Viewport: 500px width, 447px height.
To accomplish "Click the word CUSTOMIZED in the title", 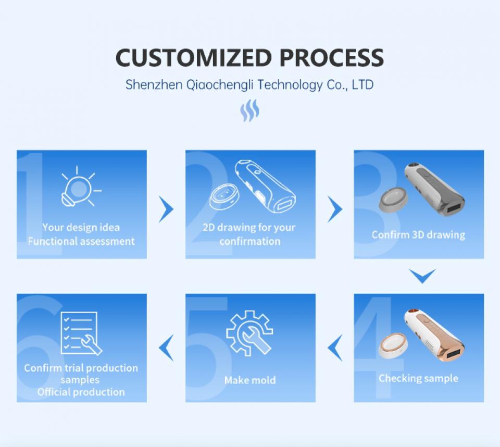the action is pos(194,58).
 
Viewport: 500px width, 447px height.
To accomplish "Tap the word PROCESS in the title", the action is pos(332,58).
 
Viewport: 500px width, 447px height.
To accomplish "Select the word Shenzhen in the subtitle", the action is pos(154,85).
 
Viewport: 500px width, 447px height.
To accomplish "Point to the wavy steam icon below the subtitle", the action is pos(249,110).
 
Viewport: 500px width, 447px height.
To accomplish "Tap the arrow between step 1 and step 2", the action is pos(166,209).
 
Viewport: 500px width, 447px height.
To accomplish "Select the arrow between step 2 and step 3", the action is pos(335,209).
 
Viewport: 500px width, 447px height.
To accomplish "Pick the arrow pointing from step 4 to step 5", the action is pos(335,348).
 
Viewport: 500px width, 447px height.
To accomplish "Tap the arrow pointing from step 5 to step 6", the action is pos(166,348).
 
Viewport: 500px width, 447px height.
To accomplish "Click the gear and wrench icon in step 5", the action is pos(249,333).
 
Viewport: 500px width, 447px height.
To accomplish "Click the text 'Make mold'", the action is pos(250,380).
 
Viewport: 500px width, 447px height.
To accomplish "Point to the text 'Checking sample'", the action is pos(418,378).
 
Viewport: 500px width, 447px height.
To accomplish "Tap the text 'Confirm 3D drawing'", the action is pos(418,235).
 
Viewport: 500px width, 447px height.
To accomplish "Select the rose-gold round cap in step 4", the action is pos(393,344).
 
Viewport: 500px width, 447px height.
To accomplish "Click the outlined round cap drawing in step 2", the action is pos(224,198).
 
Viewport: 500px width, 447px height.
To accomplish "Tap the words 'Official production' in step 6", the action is pos(81,392).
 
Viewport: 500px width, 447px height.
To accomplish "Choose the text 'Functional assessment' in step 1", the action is pos(81,241).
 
